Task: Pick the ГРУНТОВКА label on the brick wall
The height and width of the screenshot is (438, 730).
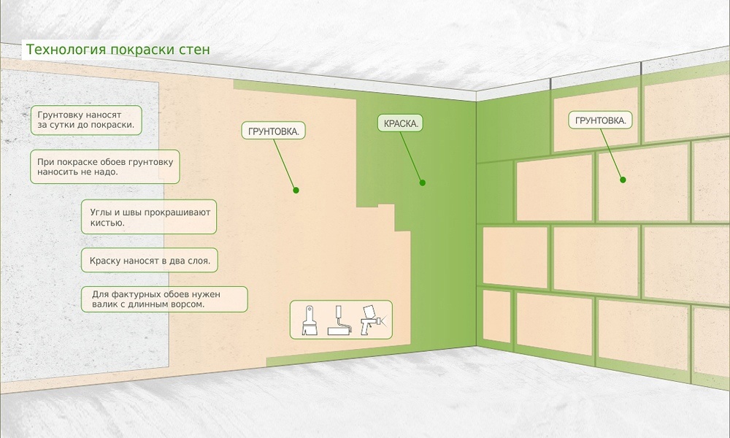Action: point(600,120)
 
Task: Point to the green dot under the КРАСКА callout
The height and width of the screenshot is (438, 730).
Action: point(422,183)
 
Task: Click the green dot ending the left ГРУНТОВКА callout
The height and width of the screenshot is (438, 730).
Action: point(296,191)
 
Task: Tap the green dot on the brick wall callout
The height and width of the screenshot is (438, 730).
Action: point(623,179)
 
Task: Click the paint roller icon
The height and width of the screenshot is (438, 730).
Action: point(339,321)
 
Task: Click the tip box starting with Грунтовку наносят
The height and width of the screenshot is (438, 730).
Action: point(87,120)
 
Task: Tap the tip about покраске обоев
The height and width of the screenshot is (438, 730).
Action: point(106,166)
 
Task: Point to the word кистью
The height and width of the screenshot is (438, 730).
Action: point(107,223)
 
